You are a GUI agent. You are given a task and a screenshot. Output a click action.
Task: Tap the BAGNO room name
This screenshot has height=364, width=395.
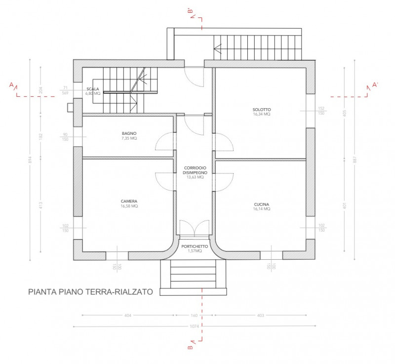pos(129,133)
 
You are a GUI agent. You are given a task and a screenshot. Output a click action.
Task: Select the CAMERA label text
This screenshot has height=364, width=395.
pos(129,201)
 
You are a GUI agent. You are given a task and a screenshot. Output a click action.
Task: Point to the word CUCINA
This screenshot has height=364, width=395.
pos(262,204)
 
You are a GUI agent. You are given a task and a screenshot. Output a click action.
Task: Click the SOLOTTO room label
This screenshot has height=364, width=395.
pos(262,109)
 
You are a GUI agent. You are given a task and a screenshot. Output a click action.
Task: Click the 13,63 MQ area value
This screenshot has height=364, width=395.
pos(195,177)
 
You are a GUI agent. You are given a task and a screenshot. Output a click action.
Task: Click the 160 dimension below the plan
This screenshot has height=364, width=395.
pos(194,315)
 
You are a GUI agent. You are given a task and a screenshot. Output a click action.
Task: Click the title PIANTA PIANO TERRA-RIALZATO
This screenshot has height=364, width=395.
pos(90,292)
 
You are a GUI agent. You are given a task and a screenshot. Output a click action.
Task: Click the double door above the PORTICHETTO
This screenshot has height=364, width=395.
pos(195,228)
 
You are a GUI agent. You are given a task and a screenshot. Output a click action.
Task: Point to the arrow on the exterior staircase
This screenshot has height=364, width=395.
pos(218,48)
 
